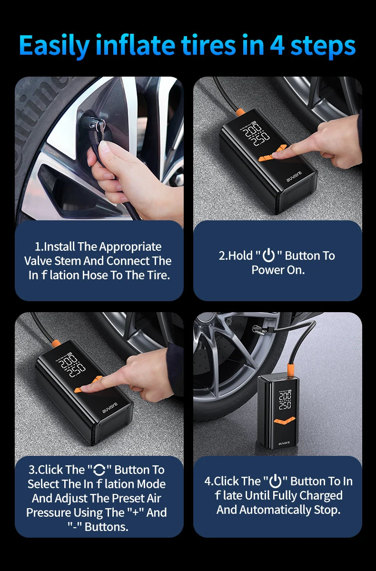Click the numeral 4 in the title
pos(277,46)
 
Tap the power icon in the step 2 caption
pos(269,256)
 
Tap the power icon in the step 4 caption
pos(275,481)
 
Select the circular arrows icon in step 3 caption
pos(99,470)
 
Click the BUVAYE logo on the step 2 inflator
pos(294,177)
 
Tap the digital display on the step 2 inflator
pos(255,133)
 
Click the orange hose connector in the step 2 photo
pos(240,112)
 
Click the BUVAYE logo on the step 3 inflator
pos(110,408)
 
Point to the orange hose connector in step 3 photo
pos(56,344)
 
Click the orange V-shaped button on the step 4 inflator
pos(285,420)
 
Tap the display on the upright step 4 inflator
pos(285,399)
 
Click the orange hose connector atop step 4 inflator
pos(290,370)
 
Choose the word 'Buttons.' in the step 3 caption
pos(106,527)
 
